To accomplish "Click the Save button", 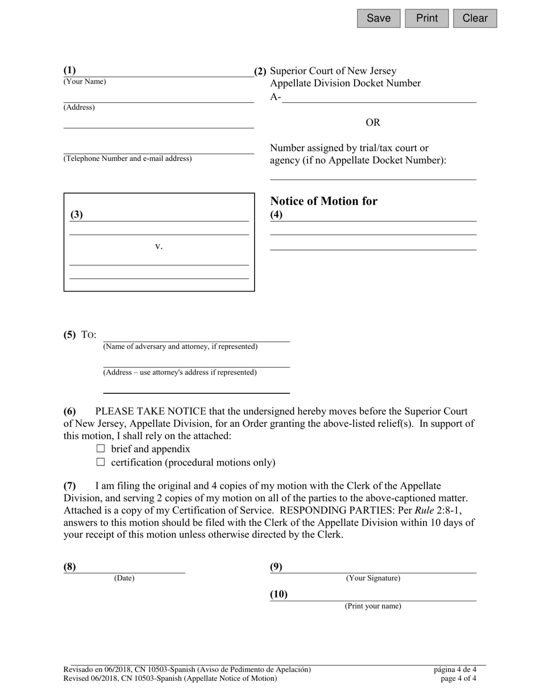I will pyautogui.click(x=379, y=18).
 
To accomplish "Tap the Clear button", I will pyautogui.click(x=475, y=18).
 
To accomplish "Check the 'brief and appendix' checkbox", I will pyautogui.click(x=101, y=449).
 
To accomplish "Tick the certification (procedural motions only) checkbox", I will pyautogui.click(x=101, y=463).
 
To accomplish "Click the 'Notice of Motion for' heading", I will pyautogui.click(x=323, y=201).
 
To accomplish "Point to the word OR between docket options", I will pyautogui.click(x=373, y=123).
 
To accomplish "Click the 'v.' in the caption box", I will pyautogui.click(x=159, y=247).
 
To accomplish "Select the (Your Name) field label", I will pyautogui.click(x=85, y=82).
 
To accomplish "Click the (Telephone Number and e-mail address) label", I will pyautogui.click(x=127, y=159).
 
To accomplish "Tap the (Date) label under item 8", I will pyautogui.click(x=124, y=579).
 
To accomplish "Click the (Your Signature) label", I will pyautogui.click(x=373, y=579).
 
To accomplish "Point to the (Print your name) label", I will pyautogui.click(x=373, y=606).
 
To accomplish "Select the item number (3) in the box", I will pyautogui.click(x=77, y=215).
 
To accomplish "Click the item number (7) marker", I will pyautogui.click(x=69, y=486).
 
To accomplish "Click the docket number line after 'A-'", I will pyautogui.click(x=379, y=98).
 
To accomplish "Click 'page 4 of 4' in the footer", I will pyautogui.click(x=458, y=679).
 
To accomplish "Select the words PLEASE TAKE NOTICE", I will pyautogui.click(x=151, y=411).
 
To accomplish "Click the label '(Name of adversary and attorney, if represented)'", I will pyautogui.click(x=180, y=347).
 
